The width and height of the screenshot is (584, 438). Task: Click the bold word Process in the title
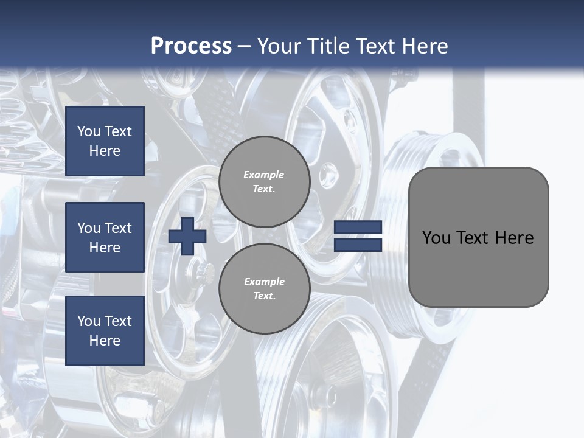coord(191,46)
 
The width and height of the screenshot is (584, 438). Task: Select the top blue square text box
coord(105,141)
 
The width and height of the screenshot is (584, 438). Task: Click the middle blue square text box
coord(105,237)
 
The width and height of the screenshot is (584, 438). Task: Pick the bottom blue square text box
coord(105,331)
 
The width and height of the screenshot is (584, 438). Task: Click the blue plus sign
coord(187,236)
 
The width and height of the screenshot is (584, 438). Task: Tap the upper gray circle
coord(264,182)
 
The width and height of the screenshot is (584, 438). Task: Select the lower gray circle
coord(264,289)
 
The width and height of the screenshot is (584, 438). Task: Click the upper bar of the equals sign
coord(358,228)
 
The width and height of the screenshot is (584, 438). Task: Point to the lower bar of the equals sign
coord(358,245)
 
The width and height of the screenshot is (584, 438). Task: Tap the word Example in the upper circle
coord(264,175)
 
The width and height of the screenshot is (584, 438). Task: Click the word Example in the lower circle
coord(264,282)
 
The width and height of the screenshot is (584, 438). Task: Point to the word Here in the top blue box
coord(105,151)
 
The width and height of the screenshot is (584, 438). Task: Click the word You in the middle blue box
coord(89,228)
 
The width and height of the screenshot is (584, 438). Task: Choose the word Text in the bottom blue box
coord(117,321)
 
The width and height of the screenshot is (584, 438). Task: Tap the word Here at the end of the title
coord(426,46)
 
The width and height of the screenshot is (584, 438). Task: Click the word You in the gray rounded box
coord(436,238)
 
